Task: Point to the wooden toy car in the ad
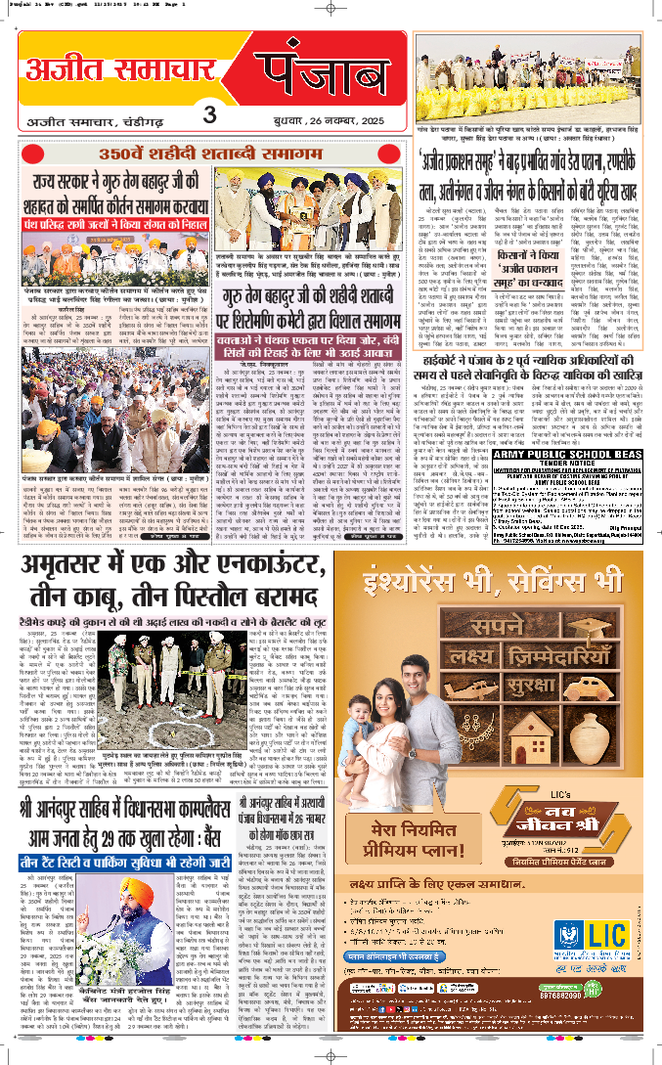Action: pyautogui.click(x=565, y=656)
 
